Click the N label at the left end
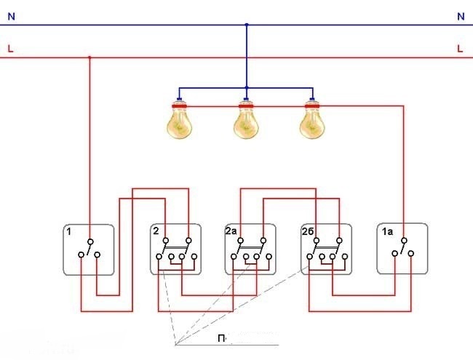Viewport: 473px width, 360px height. point(10,16)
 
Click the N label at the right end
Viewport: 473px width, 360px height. point(461,16)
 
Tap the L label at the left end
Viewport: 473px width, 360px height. point(10,49)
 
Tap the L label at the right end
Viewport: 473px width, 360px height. point(461,49)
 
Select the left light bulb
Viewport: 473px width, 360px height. point(180,121)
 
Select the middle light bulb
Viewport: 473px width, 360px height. point(246,121)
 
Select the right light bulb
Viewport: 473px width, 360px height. point(312,121)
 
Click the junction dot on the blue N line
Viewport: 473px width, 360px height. point(246,25)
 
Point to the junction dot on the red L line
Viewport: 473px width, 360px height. point(90,57)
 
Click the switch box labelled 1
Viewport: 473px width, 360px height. point(89,249)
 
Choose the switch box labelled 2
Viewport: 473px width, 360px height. point(176,249)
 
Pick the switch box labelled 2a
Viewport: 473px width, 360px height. point(251,249)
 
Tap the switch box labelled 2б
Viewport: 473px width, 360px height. point(326,249)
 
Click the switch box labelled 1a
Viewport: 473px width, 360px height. point(402,249)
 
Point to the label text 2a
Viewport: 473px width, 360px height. point(232,232)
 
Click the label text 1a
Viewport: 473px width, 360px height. point(386,232)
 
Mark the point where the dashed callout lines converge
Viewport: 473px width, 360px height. point(175,343)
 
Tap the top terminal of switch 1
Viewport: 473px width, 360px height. point(90,241)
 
